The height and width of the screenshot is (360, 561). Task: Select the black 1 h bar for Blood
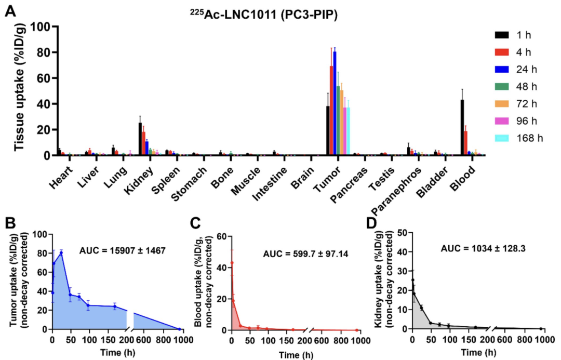click(x=462, y=127)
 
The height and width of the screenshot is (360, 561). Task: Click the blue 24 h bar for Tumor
click(x=335, y=103)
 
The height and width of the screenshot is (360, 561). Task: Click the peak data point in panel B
click(x=61, y=253)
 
